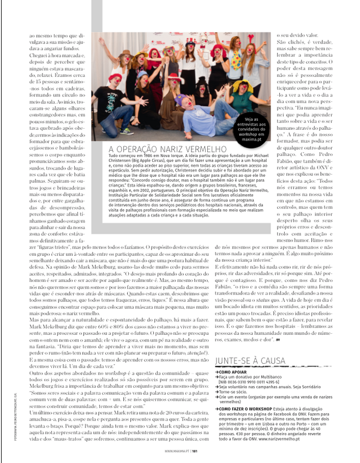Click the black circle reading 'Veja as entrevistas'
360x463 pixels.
tap(251, 128)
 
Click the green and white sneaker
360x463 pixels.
tap(127, 131)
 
